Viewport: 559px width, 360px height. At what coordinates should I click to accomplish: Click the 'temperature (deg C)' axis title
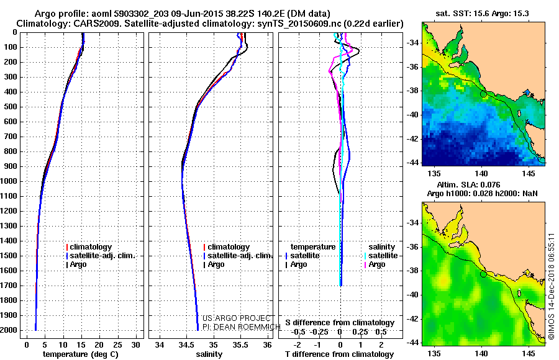(x=81, y=354)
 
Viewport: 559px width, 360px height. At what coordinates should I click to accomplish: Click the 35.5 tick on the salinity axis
(x=240, y=344)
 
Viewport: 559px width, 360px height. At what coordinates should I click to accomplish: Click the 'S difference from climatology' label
(x=340, y=323)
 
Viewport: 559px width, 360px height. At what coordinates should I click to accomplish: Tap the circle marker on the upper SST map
(x=483, y=94)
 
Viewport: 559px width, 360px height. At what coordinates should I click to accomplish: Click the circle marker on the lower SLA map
(x=483, y=274)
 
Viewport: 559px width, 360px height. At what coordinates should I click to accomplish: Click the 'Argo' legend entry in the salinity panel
(x=216, y=264)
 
